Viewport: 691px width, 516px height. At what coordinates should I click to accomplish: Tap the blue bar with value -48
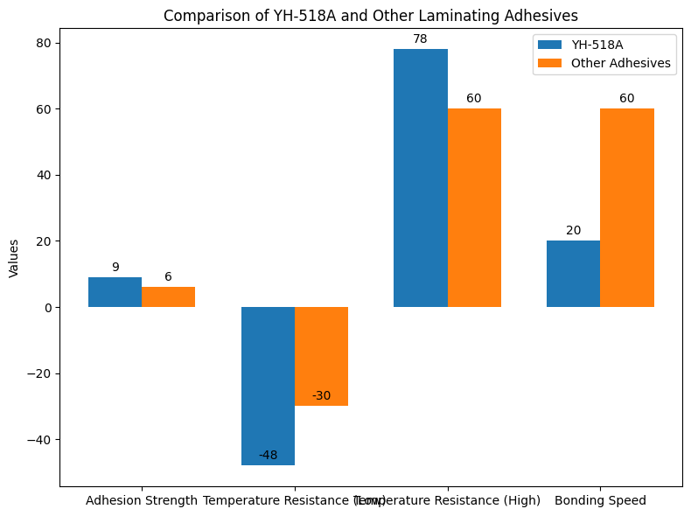coord(268,385)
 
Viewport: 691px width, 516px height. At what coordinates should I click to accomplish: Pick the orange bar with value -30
coord(321,356)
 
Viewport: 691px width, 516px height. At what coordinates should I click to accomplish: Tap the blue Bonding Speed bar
coord(573,274)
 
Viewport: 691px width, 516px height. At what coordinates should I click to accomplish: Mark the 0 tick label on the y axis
coord(49,307)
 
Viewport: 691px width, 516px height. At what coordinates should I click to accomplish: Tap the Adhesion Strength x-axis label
coord(142,500)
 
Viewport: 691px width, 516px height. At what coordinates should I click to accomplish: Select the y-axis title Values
coord(14,258)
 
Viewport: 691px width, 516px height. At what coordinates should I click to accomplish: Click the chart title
coord(372,16)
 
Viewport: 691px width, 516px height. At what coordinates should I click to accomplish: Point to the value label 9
coord(115,268)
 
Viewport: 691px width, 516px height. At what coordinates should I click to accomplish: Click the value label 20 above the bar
coord(573,231)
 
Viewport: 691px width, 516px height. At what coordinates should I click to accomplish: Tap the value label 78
coord(420,39)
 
